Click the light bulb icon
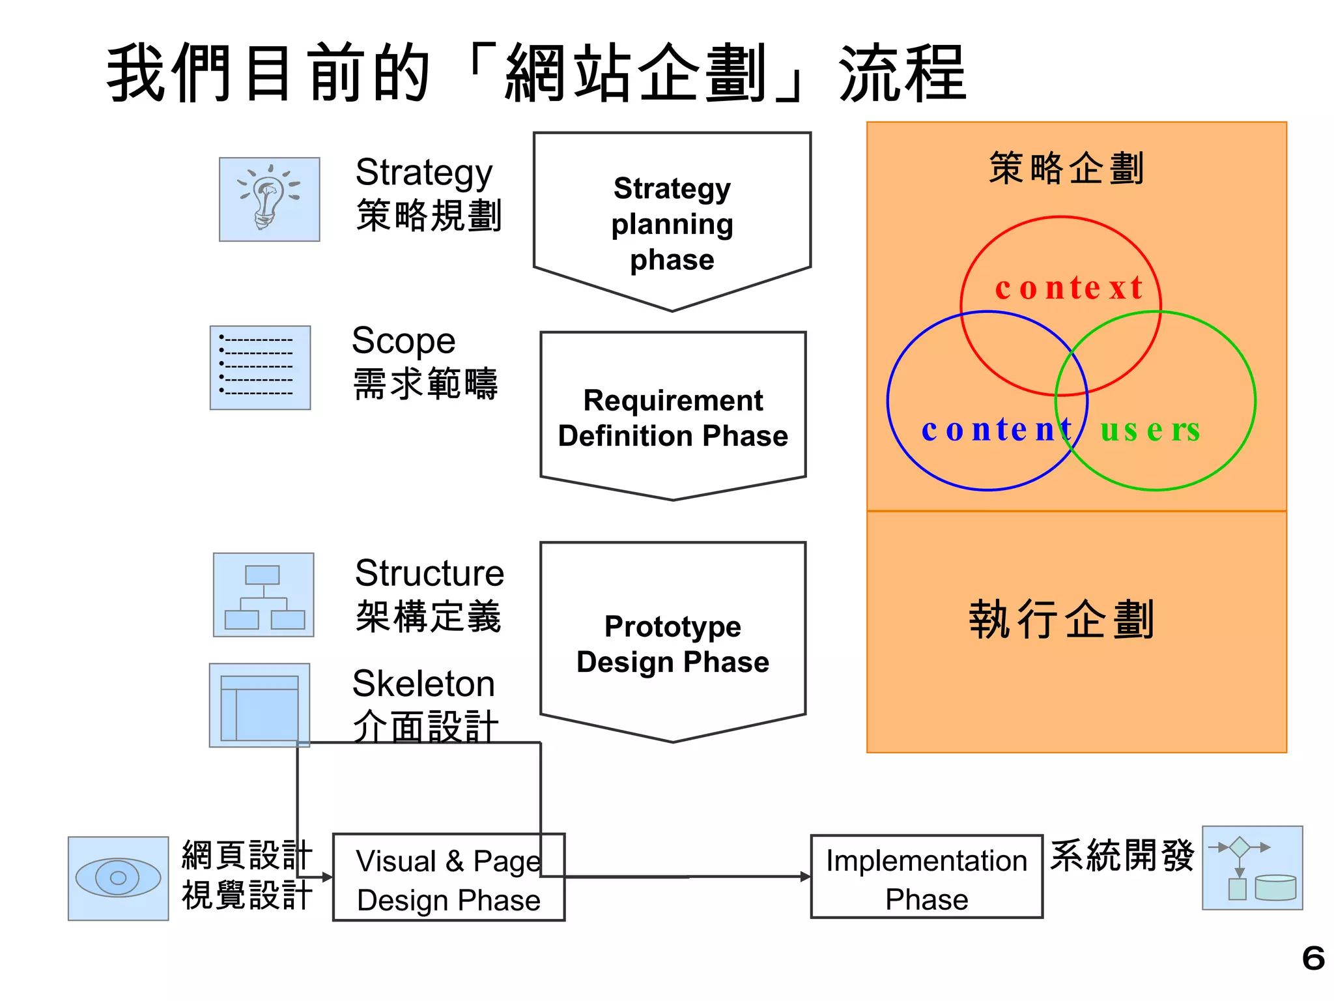pyautogui.click(x=269, y=199)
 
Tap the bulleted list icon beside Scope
pyautogui.click(x=260, y=368)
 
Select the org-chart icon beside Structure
pyautogui.click(x=264, y=595)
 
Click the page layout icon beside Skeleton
pyautogui.click(x=259, y=705)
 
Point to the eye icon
pyautogui.click(x=118, y=878)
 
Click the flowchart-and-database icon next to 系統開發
pyautogui.click(x=1252, y=868)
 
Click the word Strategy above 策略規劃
pyautogui.click(x=423, y=173)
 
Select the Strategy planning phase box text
pyautogui.click(x=672, y=224)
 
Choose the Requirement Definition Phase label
pyautogui.click(x=673, y=418)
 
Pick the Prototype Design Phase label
pyautogui.click(x=673, y=644)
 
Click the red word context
pyautogui.click(x=1068, y=288)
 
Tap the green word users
pyautogui.click(x=1150, y=430)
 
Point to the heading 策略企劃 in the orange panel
pyautogui.click(x=1066, y=168)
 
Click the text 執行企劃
pyautogui.click(x=1062, y=619)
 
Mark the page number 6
pyautogui.click(x=1313, y=959)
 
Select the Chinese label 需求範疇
pyautogui.click(x=425, y=384)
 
